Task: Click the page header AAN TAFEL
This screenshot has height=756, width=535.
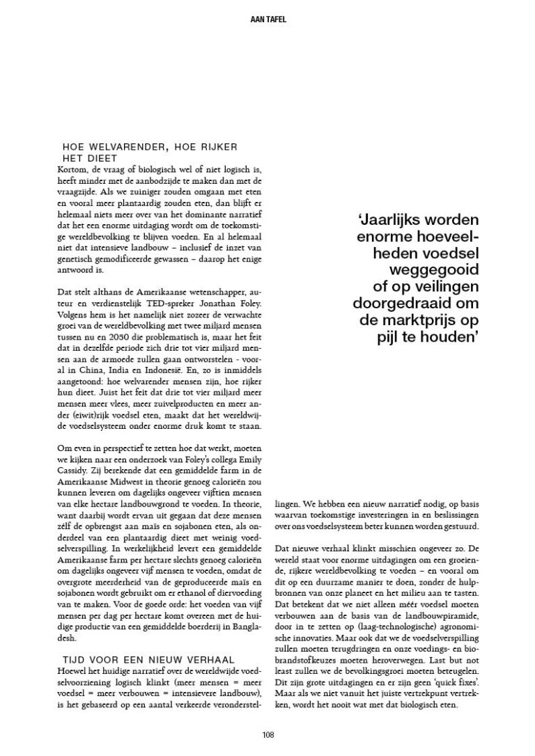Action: pyautogui.click(x=267, y=19)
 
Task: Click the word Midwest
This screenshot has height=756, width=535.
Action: pyautogui.click(x=127, y=491)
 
